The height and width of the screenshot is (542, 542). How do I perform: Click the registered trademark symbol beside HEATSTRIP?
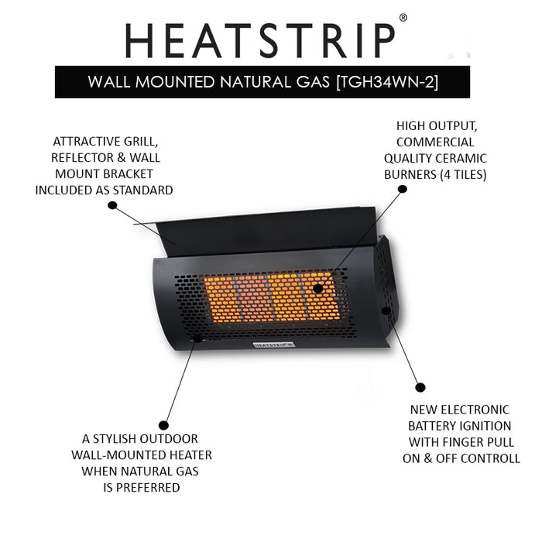[x=403, y=18]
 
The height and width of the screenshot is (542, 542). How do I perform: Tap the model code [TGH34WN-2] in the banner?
[x=387, y=82]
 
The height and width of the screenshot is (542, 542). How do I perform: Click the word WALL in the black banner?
[x=109, y=82]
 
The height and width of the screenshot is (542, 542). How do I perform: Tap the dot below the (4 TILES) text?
[x=403, y=189]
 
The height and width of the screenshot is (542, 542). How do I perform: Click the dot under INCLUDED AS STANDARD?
[x=112, y=205]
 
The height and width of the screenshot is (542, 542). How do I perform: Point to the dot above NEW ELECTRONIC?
[x=420, y=387]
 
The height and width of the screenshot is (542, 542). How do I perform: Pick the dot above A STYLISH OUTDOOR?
[x=163, y=425]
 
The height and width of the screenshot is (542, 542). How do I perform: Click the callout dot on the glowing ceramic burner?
[x=317, y=288]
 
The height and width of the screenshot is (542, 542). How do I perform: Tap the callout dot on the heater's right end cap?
[x=386, y=310]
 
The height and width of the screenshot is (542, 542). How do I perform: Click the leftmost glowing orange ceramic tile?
[x=220, y=298]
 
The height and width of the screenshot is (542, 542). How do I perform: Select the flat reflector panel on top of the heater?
[x=266, y=232]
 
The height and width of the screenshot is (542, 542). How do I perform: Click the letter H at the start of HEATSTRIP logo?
[x=139, y=40]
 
